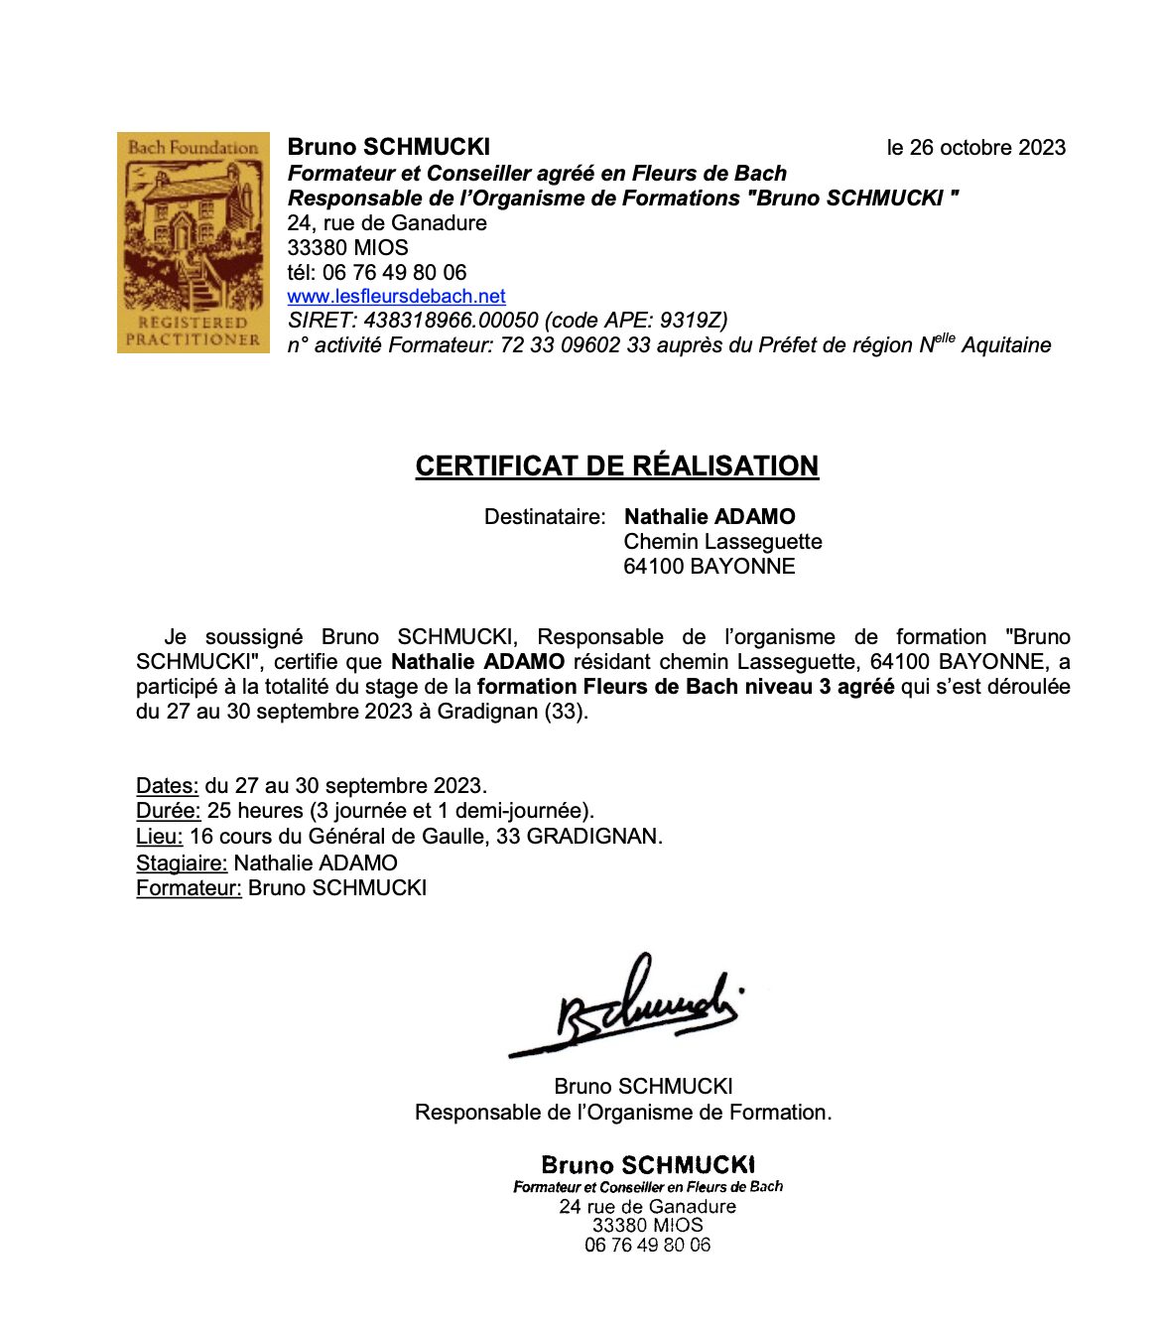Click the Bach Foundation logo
pos(194,242)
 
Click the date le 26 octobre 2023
pos(975,148)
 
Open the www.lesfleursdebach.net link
pos(396,296)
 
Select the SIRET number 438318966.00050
pos(452,320)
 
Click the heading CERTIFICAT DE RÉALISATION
pos(616,465)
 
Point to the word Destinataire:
pos(544,516)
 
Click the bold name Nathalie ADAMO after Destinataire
pos(710,516)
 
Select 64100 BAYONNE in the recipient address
pos(709,566)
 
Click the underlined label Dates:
pos(168,786)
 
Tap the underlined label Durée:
pos(169,811)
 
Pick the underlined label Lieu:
pos(159,836)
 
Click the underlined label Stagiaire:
pos(182,863)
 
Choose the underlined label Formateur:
pos(189,887)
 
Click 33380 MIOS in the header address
pos(347,247)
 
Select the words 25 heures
pos(255,811)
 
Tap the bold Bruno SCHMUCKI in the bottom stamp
pos(647,1164)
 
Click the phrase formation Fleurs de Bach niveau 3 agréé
pos(686,687)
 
